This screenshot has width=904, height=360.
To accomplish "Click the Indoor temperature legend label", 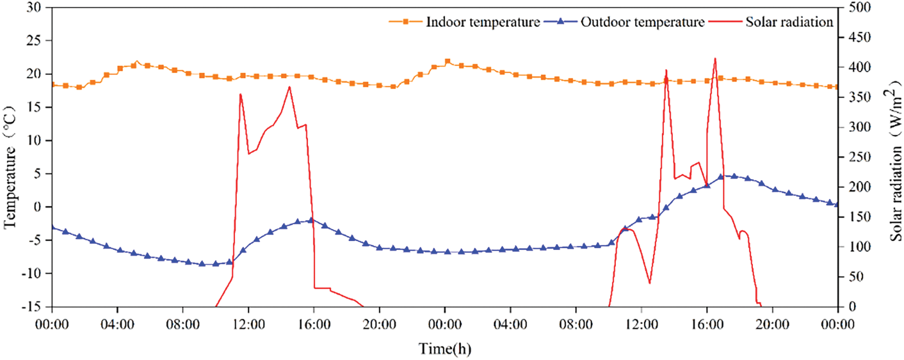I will pyautogui.click(x=483, y=22).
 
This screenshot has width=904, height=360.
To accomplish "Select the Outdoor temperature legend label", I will pyautogui.click(x=642, y=22).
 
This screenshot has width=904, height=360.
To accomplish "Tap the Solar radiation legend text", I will pyautogui.click(x=789, y=22).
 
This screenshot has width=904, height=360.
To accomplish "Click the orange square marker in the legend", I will pyautogui.click(x=406, y=22).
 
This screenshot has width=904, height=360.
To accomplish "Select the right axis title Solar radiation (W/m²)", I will pyautogui.click(x=895, y=159).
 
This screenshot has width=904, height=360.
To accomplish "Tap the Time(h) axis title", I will pyautogui.click(x=445, y=348).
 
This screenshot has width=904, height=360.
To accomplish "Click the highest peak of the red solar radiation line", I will pyautogui.click(x=715, y=59).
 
